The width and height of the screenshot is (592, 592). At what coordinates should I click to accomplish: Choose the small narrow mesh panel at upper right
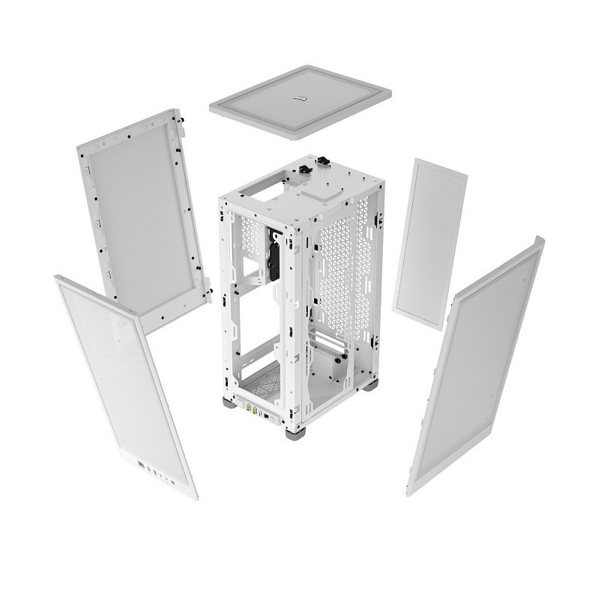pos(429,244)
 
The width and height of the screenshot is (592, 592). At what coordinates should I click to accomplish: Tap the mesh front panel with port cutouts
pos(124,382)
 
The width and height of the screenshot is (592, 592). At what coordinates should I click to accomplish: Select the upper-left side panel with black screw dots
pos(142,217)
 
